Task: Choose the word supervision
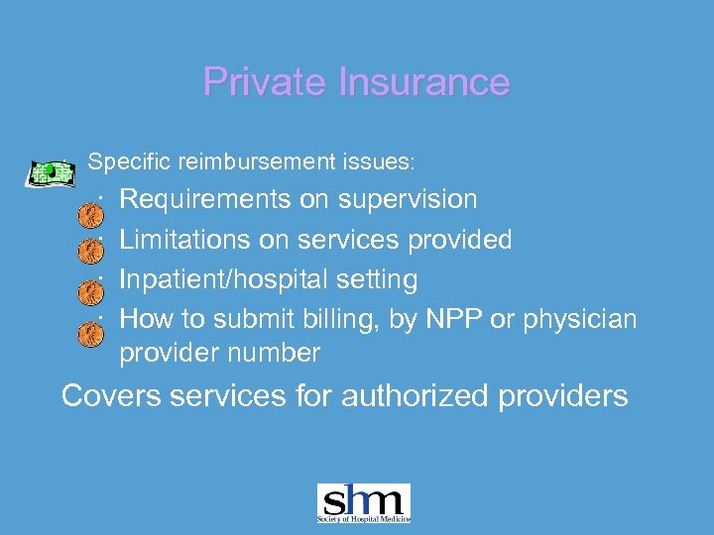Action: point(408,199)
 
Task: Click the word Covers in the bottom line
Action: point(111,396)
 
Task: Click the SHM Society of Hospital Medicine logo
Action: point(363,503)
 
